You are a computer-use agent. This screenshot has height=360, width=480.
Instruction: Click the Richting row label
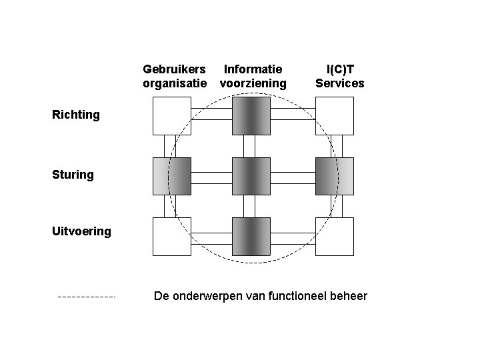coord(76,115)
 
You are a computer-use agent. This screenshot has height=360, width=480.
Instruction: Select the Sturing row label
coord(73,175)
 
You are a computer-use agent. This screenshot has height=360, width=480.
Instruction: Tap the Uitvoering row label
coord(81,232)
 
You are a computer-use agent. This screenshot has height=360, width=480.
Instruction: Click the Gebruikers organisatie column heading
coord(174,76)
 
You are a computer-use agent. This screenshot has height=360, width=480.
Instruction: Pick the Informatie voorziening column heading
coord(253,76)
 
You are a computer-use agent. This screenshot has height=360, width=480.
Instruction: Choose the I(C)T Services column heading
coord(340,76)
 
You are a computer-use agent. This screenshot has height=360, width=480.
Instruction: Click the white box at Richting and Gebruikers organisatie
coord(172,116)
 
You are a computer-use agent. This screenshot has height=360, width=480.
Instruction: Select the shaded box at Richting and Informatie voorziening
coord(251,116)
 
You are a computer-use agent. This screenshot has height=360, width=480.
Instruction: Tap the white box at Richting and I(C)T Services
coord(334,116)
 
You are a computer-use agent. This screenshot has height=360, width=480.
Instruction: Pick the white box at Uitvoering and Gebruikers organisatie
coord(172,237)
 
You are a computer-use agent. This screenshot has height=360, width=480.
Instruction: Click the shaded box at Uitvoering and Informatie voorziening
coord(251,237)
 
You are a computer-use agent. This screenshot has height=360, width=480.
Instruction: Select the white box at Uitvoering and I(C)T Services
coord(334,237)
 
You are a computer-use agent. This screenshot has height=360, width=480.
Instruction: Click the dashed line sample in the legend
coord(87,296)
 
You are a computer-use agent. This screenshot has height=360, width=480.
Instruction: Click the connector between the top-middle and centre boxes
coord(249,146)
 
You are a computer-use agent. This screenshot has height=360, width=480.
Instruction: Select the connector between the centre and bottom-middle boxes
coord(249,207)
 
